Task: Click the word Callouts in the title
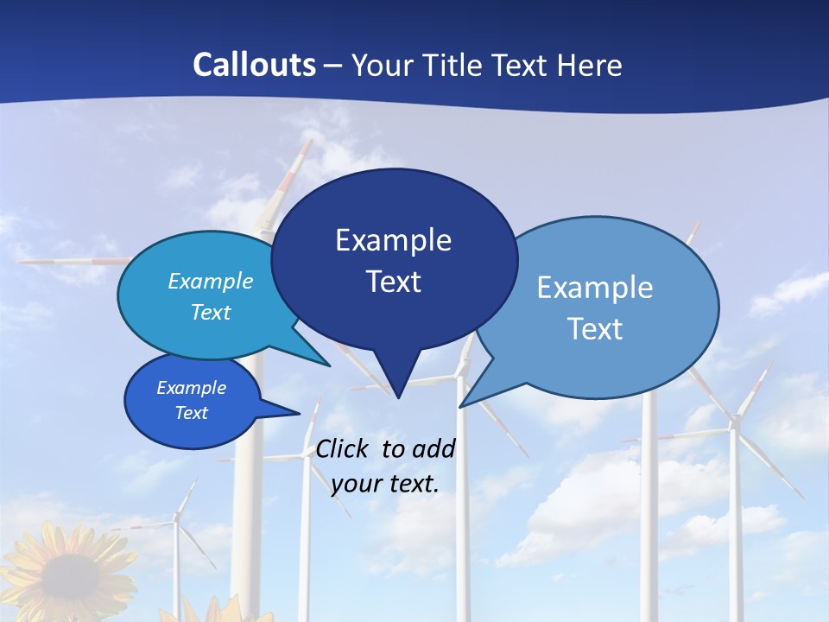click(x=254, y=65)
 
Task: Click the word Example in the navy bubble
click(x=393, y=240)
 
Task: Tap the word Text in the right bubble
click(x=595, y=329)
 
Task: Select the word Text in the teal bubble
click(x=211, y=313)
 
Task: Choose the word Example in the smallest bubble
click(x=191, y=388)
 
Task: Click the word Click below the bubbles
click(x=345, y=448)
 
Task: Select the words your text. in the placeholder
click(x=385, y=484)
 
